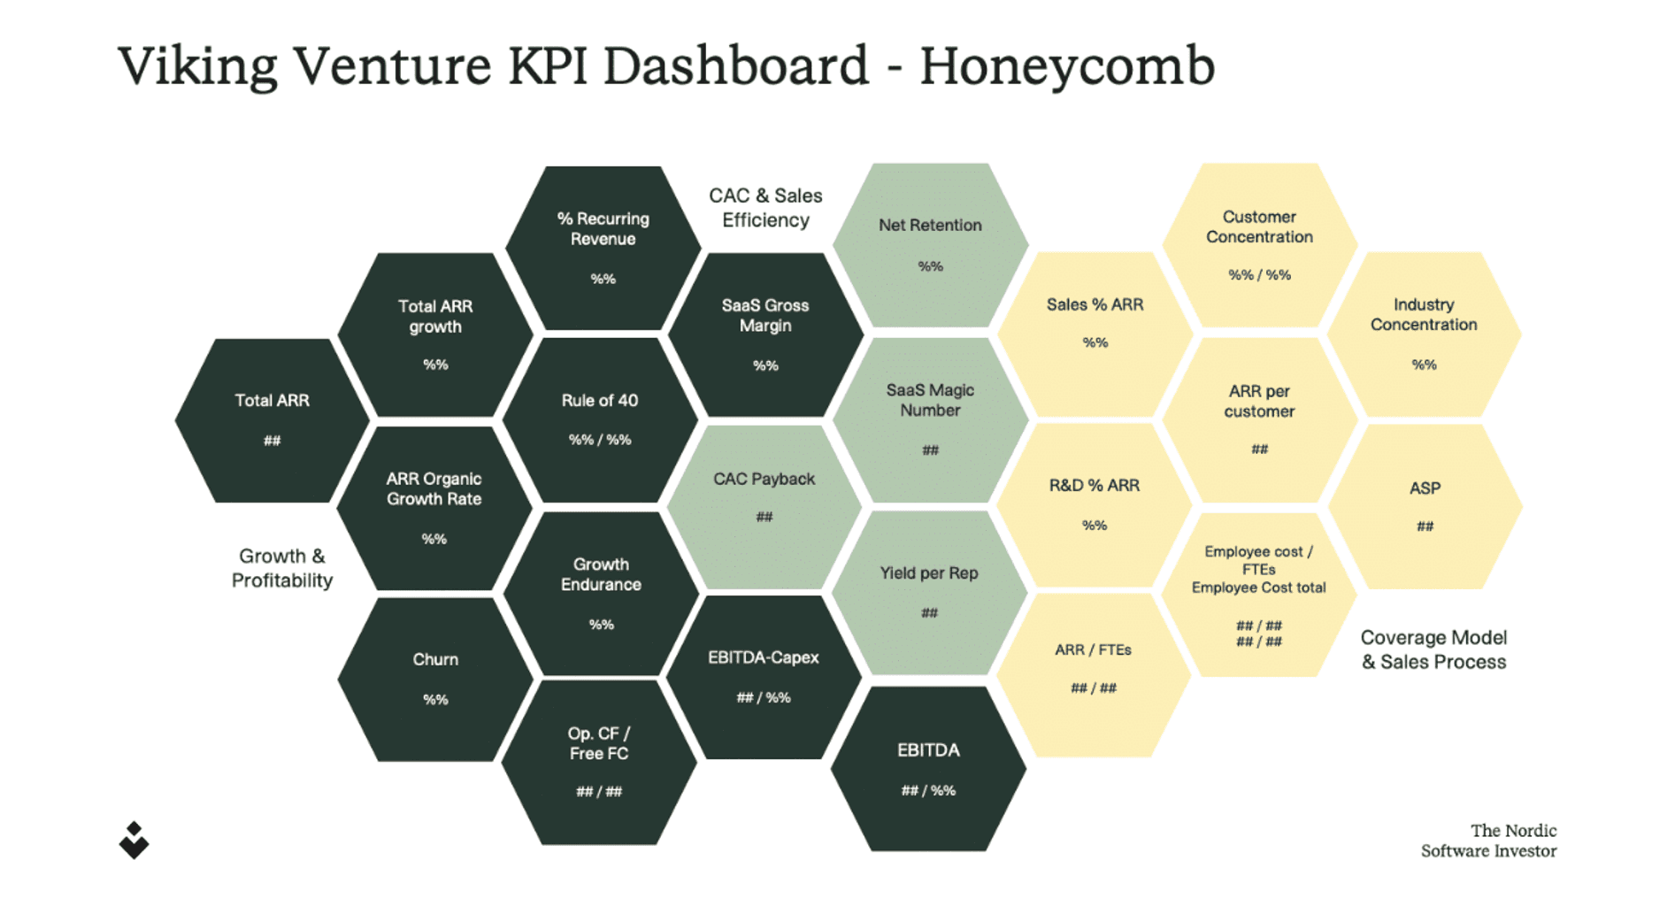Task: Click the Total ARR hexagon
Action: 272,420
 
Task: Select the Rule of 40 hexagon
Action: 600,419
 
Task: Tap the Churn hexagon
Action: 435,680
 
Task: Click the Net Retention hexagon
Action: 930,245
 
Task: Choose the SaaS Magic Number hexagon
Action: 930,419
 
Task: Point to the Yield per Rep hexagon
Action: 929,592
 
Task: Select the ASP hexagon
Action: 1425,506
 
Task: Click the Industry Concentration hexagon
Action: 1424,334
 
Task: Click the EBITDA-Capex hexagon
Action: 764,677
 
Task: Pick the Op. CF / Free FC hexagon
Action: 599,762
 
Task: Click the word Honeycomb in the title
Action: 1067,66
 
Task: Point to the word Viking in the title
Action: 197,66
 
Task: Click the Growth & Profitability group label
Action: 282,568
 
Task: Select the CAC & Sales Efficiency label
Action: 765,208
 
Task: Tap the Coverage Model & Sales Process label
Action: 1433,649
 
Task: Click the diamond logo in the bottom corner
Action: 134,841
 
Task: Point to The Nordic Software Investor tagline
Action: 1489,841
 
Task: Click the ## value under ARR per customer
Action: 1259,449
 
